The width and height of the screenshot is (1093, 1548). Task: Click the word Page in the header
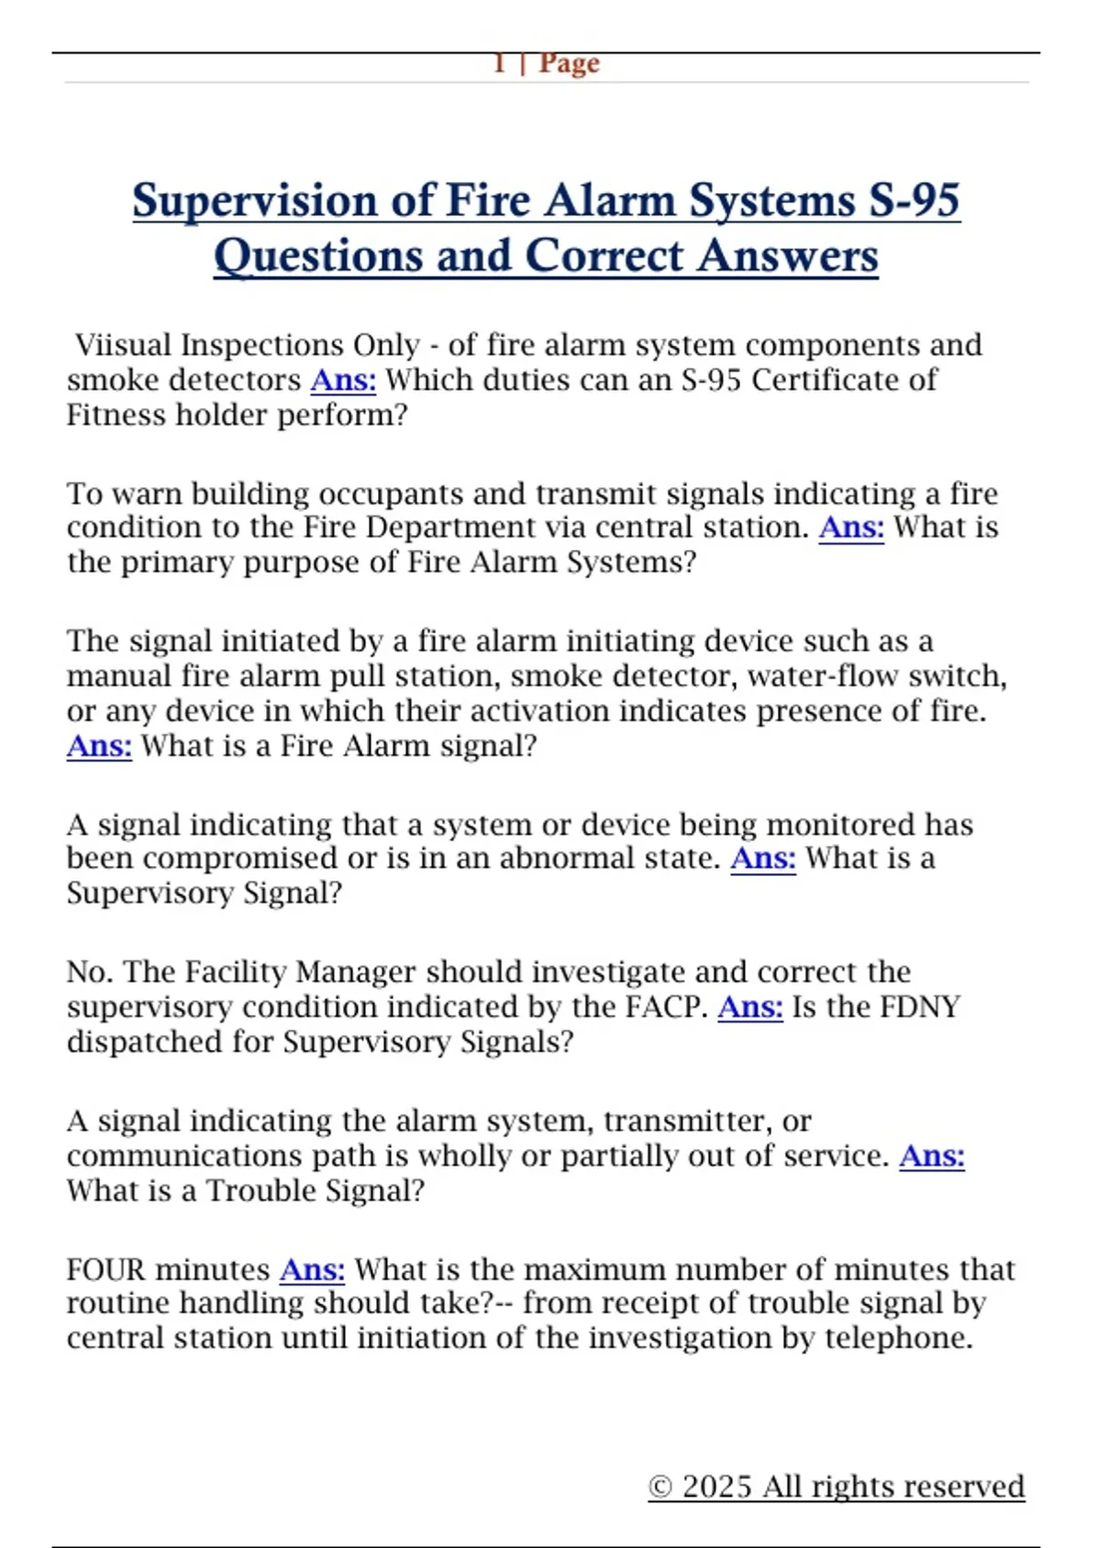[569, 63]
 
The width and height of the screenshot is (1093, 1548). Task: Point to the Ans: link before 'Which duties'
[343, 380]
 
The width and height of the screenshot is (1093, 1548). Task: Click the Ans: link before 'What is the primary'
[852, 527]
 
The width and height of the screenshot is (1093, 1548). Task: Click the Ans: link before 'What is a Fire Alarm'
[99, 746]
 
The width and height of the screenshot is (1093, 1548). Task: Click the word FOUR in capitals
[107, 1269]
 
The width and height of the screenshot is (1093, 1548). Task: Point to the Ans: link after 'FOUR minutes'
[312, 1269]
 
